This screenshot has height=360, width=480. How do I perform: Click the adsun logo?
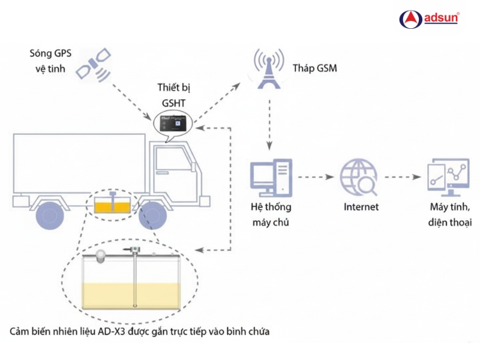[x=429, y=19]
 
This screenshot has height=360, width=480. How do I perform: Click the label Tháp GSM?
[x=315, y=68]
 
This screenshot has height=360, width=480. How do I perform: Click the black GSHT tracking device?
[x=174, y=124]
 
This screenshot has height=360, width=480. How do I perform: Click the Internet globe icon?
[x=359, y=178]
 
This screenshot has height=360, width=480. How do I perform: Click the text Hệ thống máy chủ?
[x=271, y=214]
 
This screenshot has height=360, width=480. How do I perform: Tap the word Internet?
[x=361, y=208]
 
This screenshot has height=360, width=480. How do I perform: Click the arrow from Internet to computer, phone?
[x=403, y=178]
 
